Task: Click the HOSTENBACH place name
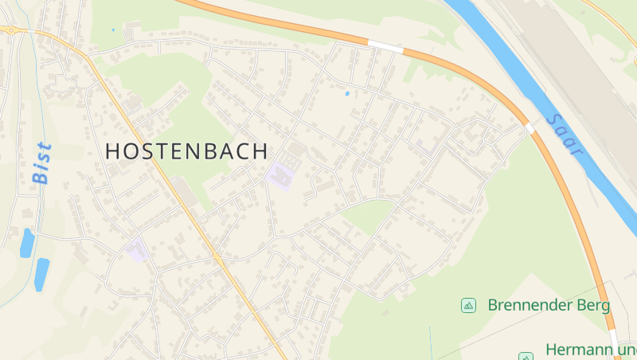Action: (186, 151)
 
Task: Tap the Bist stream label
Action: (42, 163)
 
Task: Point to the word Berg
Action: (594, 305)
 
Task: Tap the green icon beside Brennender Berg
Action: (468, 305)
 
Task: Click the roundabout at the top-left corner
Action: (11, 29)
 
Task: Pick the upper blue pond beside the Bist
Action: (27, 243)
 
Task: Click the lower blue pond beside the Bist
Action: (41, 273)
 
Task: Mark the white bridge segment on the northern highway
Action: (385, 47)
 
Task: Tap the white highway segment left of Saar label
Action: (530, 128)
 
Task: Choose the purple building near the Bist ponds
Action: (137, 250)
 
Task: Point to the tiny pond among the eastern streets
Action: (346, 94)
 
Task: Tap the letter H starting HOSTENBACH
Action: (113, 151)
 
